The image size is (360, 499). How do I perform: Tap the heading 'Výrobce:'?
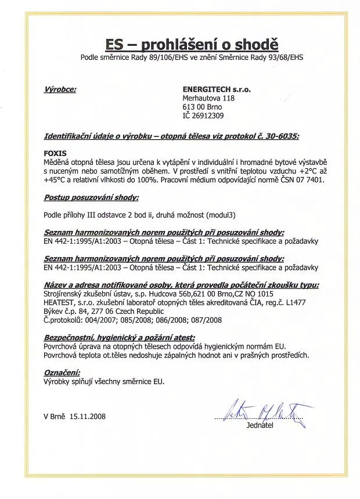[x=60, y=90]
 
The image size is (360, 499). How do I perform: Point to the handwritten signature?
[x=269, y=410]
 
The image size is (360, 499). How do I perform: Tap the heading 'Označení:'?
[x=62, y=373]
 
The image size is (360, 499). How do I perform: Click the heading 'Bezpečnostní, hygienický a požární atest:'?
[x=119, y=337]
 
